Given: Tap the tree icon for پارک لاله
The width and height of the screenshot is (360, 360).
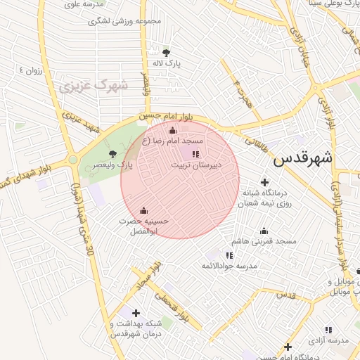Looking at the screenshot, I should coord(166,52).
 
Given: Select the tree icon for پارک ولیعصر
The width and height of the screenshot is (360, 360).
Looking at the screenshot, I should coord(112,154).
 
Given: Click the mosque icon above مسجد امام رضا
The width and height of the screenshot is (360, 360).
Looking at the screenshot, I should coord(173,130).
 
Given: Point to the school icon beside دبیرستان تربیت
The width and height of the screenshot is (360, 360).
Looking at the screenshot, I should coord(195,153).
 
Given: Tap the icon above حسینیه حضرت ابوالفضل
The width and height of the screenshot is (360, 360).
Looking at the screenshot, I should coord(144,210).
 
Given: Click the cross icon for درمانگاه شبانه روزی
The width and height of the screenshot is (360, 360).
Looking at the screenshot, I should coord(264,182).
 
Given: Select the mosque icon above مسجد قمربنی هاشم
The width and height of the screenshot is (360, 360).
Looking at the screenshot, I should coord(264,231).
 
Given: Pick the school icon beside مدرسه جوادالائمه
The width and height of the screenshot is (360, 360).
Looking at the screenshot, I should coord(229,255).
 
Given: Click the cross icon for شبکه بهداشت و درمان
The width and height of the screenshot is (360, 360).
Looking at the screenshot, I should coord(136,313).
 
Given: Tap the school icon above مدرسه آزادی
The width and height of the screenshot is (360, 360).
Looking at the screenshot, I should coord(328,330).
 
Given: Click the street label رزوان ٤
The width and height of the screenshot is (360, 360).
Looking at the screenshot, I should coord(32,70).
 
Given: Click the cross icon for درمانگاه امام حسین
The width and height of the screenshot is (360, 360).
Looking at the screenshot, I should coord(288,347).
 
